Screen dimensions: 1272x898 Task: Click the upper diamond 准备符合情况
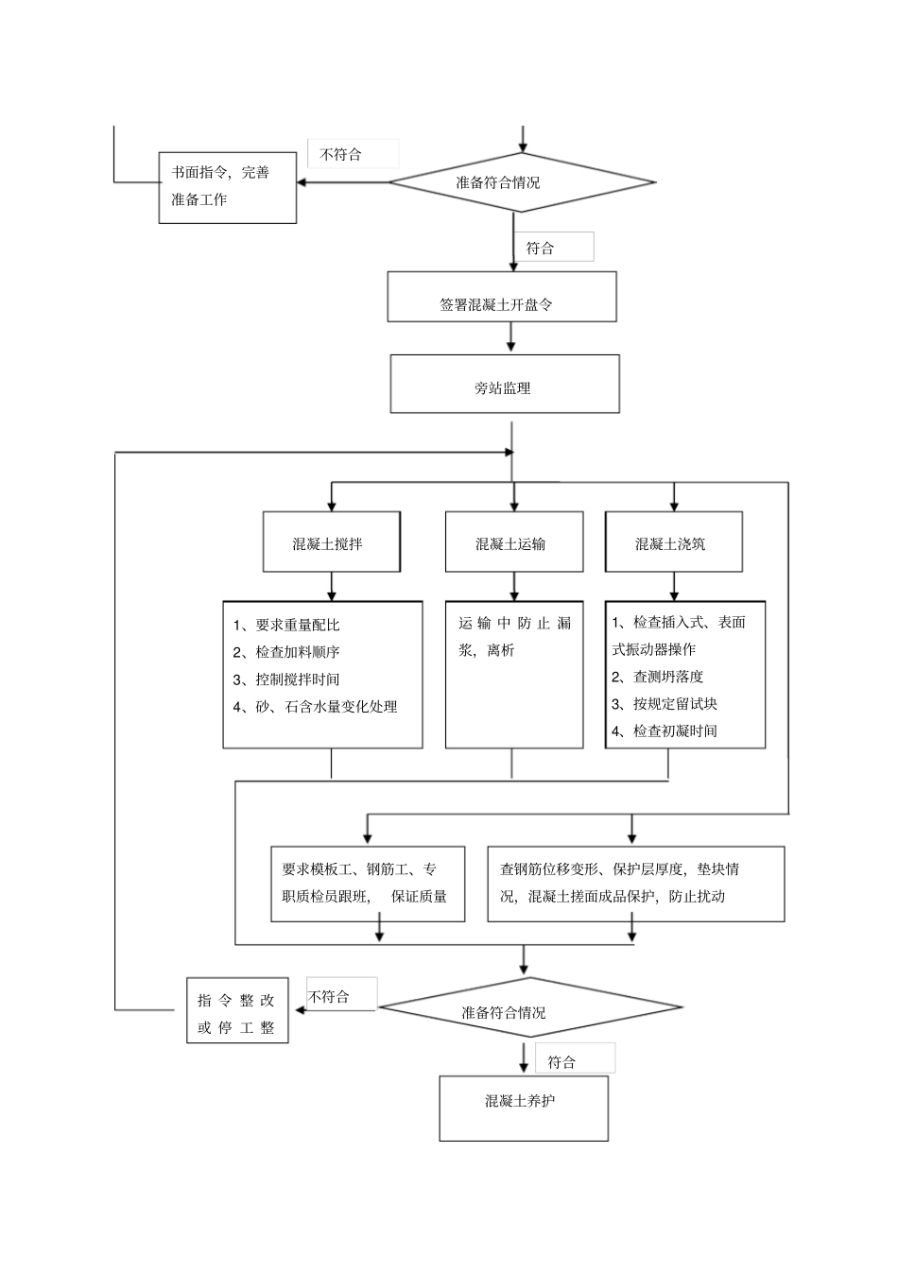(x=521, y=182)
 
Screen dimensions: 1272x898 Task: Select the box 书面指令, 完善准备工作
(x=227, y=188)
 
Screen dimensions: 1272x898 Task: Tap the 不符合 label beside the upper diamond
(x=352, y=154)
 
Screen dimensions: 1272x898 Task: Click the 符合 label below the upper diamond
(x=559, y=248)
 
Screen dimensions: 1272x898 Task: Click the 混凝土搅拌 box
(x=331, y=542)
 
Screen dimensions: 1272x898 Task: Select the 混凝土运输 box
(x=513, y=542)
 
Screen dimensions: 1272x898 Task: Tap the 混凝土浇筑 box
(x=673, y=542)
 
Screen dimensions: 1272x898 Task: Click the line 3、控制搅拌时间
(x=286, y=679)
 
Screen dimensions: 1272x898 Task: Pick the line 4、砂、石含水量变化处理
(x=315, y=707)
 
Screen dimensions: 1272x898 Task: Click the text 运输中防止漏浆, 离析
(x=513, y=636)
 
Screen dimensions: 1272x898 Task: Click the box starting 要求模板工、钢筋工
(x=368, y=884)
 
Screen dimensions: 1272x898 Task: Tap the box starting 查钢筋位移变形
(x=635, y=884)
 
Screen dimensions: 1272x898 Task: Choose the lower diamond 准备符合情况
(x=529, y=1008)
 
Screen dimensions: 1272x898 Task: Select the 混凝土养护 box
(x=523, y=1108)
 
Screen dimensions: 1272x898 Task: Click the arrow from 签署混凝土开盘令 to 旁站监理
(x=511, y=337)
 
